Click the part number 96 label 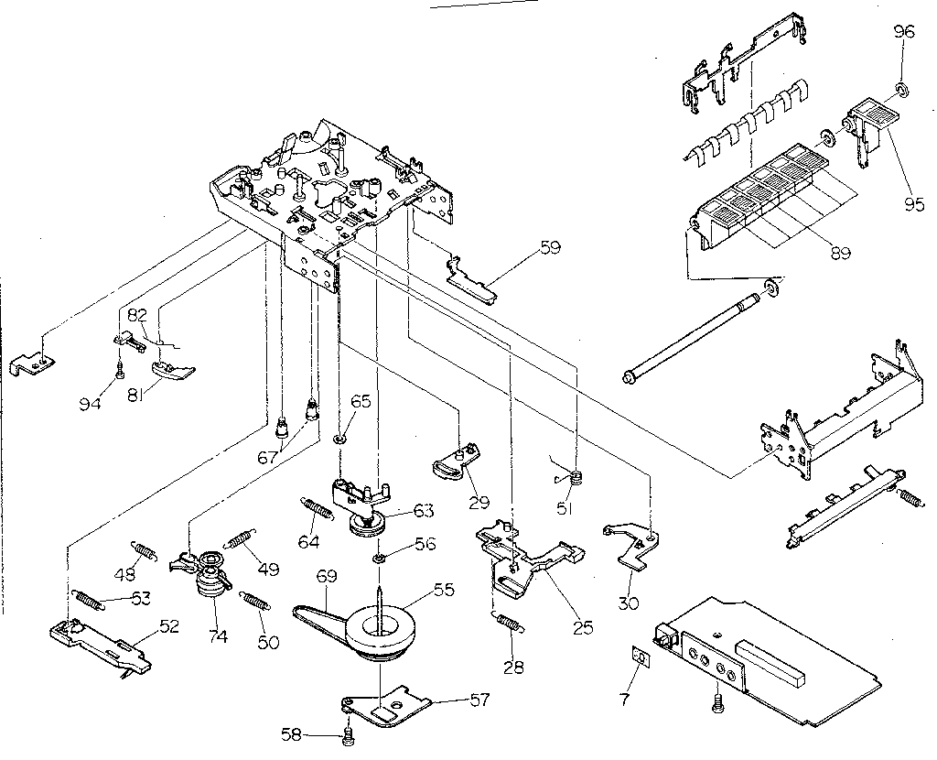(x=903, y=32)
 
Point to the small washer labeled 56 (x=379, y=559)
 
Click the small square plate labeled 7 (x=641, y=657)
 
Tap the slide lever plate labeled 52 (x=101, y=640)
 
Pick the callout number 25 (x=583, y=627)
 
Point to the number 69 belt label (x=327, y=576)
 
